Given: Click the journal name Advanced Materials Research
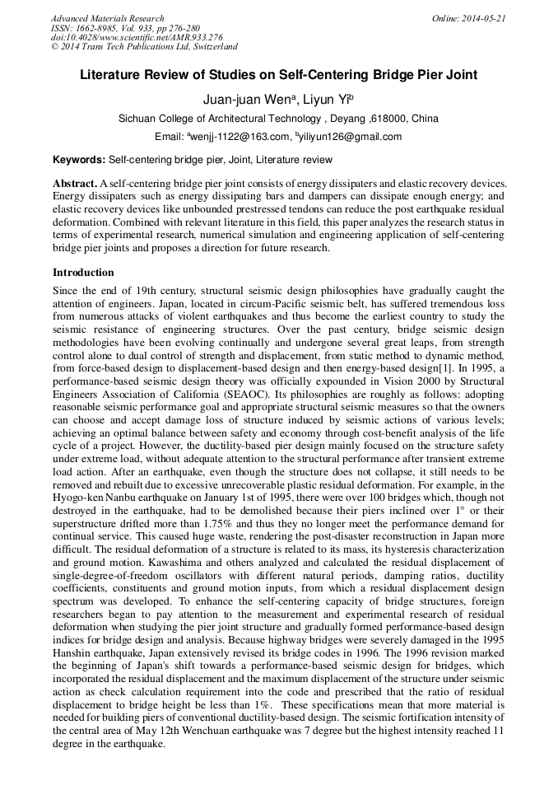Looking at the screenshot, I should click(107, 18).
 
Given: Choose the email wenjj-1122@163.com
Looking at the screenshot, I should click(239, 137).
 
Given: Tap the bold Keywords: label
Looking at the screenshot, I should click(79, 160).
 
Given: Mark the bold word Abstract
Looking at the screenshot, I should click(75, 183).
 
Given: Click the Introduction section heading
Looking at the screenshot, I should click(83, 273).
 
